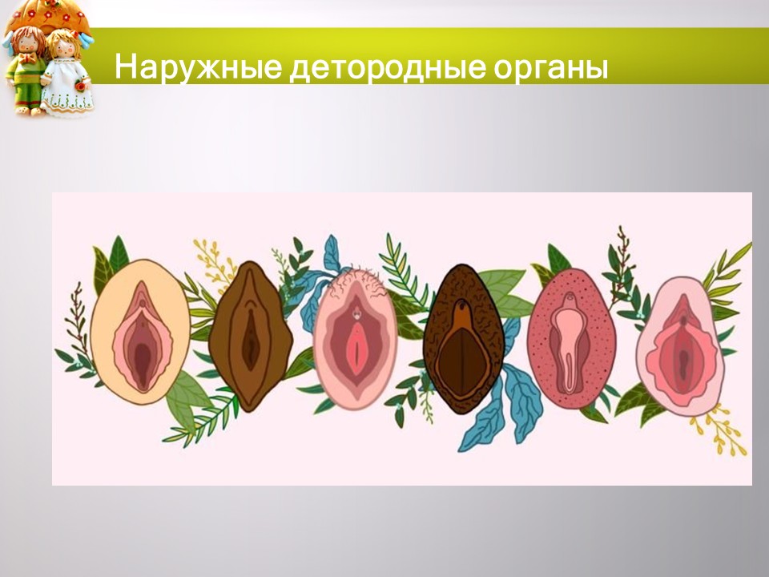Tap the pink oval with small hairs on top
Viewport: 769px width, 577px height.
(x=355, y=337)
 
